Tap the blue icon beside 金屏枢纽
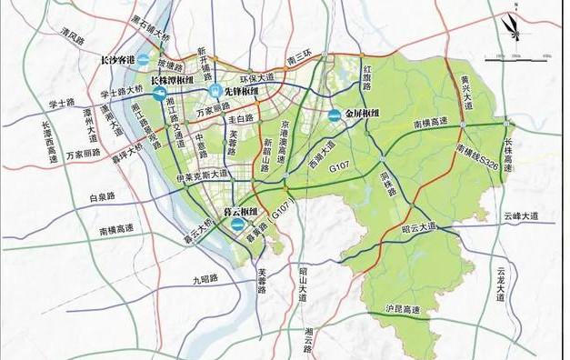coord(335,115)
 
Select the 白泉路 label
coord(101,196)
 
